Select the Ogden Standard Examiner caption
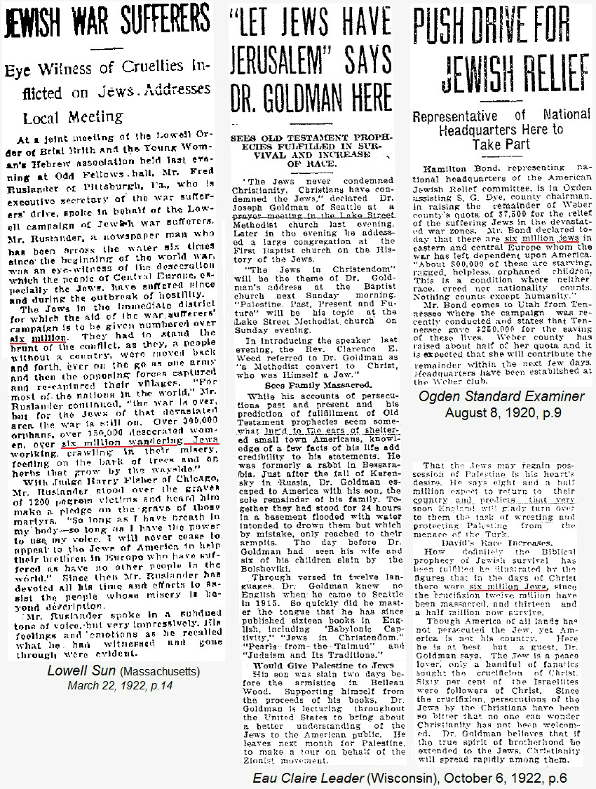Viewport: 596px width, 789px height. click(501, 397)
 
